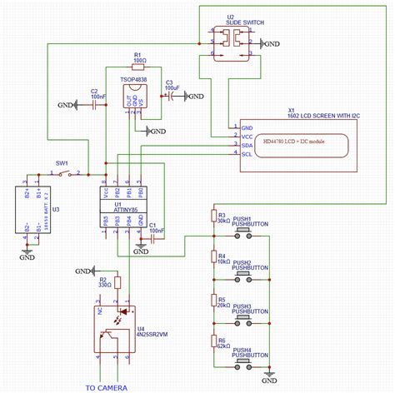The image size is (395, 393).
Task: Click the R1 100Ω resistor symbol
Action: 138,65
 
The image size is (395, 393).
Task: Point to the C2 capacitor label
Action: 96,93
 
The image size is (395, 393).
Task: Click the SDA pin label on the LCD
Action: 246,144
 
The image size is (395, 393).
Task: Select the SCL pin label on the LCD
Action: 246,154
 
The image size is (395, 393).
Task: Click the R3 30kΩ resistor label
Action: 222,217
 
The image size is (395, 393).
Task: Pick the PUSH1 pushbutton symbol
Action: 247,236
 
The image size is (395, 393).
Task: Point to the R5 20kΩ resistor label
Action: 222,301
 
